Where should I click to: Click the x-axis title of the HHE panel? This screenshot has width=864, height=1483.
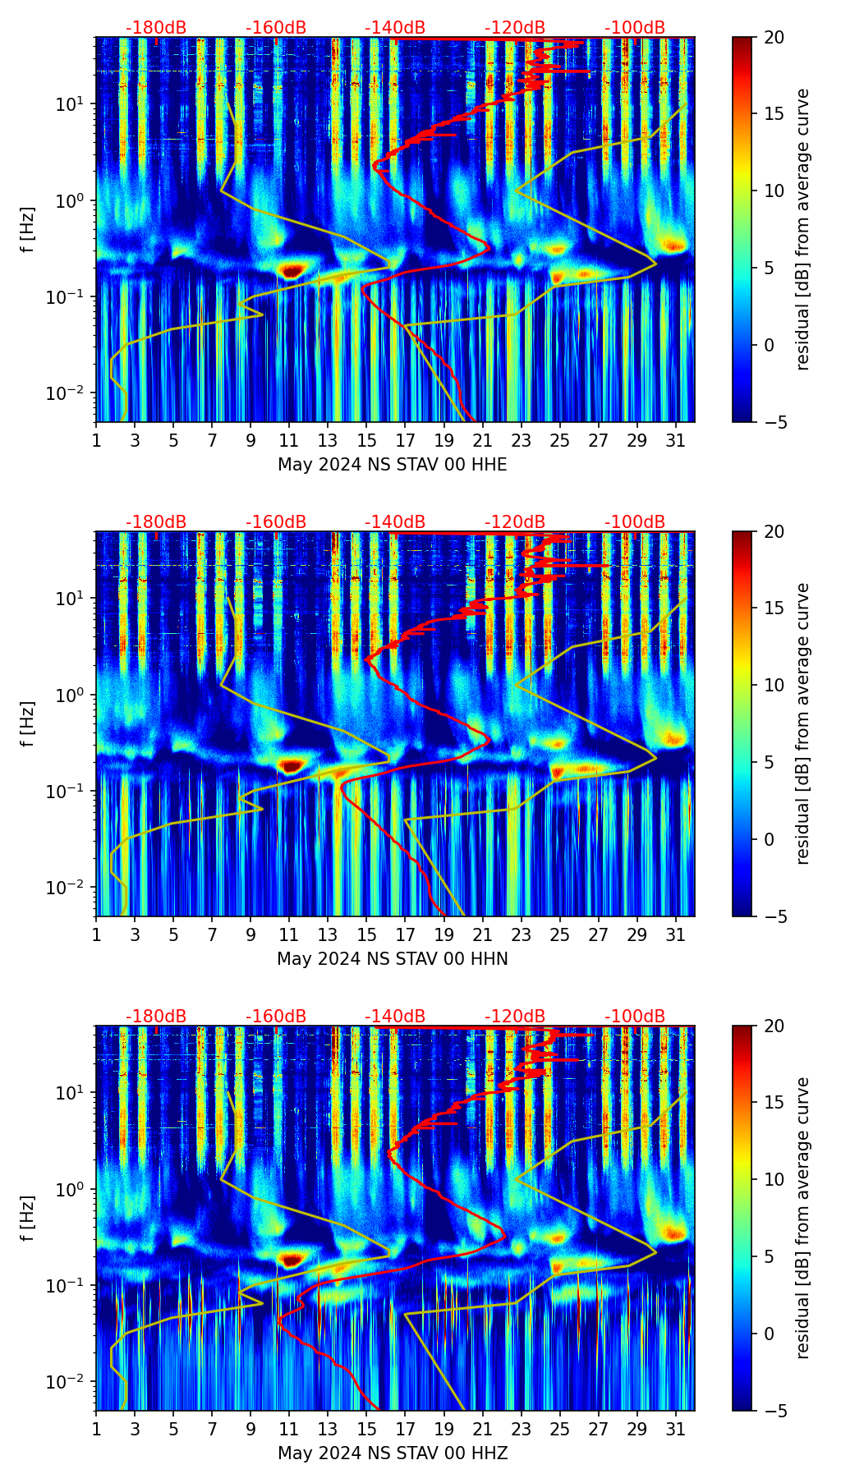pyautogui.click(x=392, y=465)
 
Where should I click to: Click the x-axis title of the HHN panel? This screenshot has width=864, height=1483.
pyautogui.click(x=392, y=959)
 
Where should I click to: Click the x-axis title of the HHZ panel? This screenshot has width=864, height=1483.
pyautogui.click(x=392, y=1453)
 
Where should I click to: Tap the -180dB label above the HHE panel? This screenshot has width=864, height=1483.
pyautogui.click(x=156, y=28)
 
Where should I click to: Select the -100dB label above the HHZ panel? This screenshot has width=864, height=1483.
pyautogui.click(x=635, y=1017)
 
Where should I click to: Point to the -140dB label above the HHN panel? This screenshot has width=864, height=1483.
pyautogui.click(x=395, y=522)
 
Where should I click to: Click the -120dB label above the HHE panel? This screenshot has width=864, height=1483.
pyautogui.click(x=515, y=28)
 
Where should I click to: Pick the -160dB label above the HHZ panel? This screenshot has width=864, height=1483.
pyautogui.click(x=276, y=1017)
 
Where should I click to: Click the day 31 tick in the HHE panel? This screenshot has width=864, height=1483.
pyautogui.click(x=676, y=440)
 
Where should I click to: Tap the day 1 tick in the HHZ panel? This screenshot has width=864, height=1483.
pyautogui.click(x=96, y=1429)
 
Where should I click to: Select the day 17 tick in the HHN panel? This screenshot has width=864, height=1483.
pyautogui.click(x=406, y=934)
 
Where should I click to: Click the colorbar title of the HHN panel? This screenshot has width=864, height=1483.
pyautogui.click(x=802, y=723)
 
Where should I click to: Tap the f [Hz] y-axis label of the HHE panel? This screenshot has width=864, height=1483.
pyautogui.click(x=29, y=229)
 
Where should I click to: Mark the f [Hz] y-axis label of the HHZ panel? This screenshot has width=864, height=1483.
pyautogui.click(x=29, y=1218)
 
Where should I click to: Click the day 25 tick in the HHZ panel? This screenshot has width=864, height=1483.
pyautogui.click(x=560, y=1429)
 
